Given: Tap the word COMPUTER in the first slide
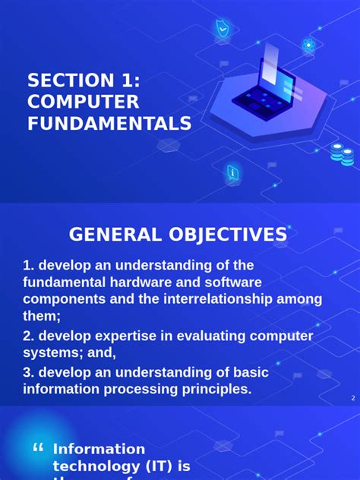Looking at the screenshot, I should [84, 102].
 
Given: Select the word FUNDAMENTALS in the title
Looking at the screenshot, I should [109, 124].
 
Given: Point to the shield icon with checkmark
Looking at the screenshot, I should [223, 29].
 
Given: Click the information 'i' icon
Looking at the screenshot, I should [232, 173].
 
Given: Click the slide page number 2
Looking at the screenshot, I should [353, 398].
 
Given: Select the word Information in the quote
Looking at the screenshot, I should [99, 449].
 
